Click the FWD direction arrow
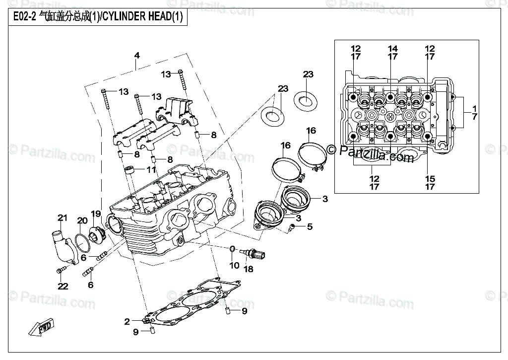point(41,328)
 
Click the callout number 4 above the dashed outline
point(137,56)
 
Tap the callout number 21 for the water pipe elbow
point(62,217)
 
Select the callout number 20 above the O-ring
point(82,220)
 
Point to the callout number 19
point(96,214)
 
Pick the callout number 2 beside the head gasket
point(127,321)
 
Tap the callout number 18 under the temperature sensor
point(249,269)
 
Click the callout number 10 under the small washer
point(234,265)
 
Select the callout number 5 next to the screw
point(310,226)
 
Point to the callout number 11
point(151,169)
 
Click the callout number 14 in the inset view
point(393,49)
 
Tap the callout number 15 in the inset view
point(430,179)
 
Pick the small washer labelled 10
point(233,249)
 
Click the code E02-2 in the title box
point(24,16)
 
